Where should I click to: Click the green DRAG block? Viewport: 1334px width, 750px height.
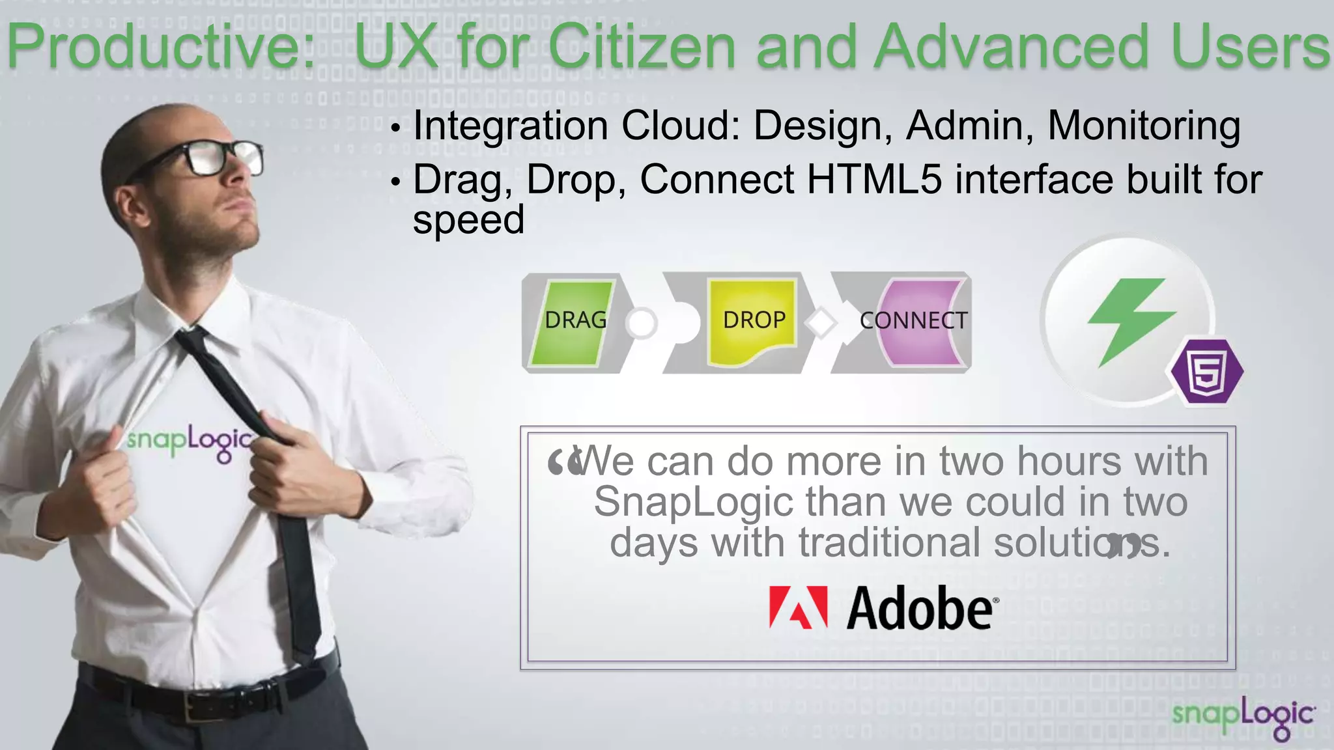[x=574, y=322]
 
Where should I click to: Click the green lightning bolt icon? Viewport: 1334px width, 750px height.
[x=1131, y=319]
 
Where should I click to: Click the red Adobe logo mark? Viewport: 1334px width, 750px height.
[x=798, y=607]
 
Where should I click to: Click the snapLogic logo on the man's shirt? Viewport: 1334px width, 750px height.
[x=189, y=441]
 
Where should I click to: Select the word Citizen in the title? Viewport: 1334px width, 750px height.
[x=642, y=47]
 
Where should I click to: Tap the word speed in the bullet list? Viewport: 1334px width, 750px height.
[x=468, y=219]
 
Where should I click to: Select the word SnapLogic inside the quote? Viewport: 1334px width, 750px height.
[x=693, y=502]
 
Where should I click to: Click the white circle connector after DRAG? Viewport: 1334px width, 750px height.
[x=642, y=322]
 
